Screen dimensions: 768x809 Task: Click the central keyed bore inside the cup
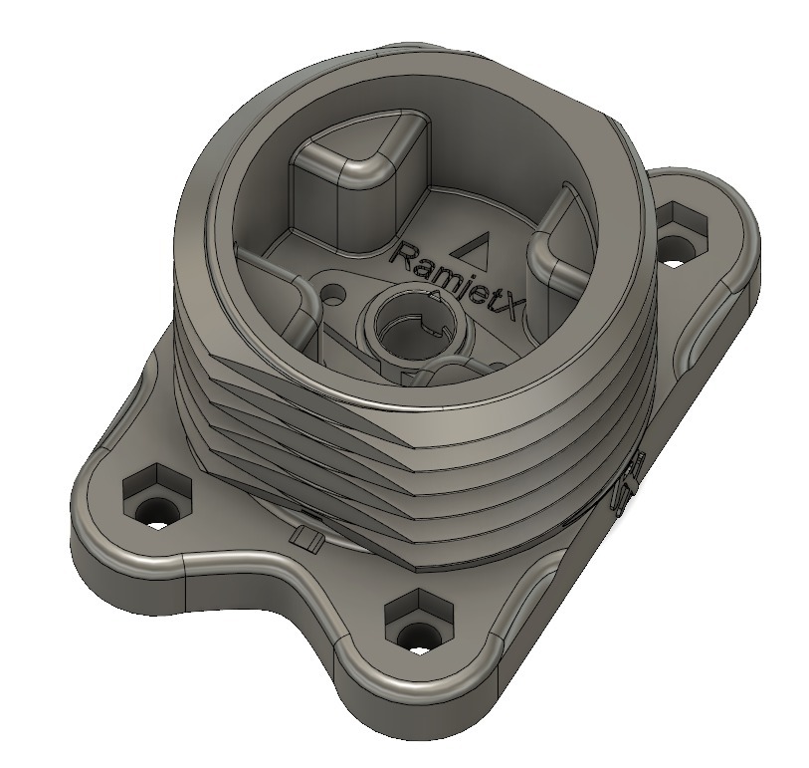click(x=411, y=330)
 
